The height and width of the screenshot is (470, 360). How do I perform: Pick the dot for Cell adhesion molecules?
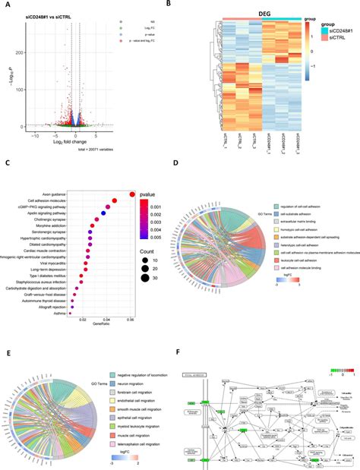(115, 201)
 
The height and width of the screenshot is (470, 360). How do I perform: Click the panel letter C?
(6, 162)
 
